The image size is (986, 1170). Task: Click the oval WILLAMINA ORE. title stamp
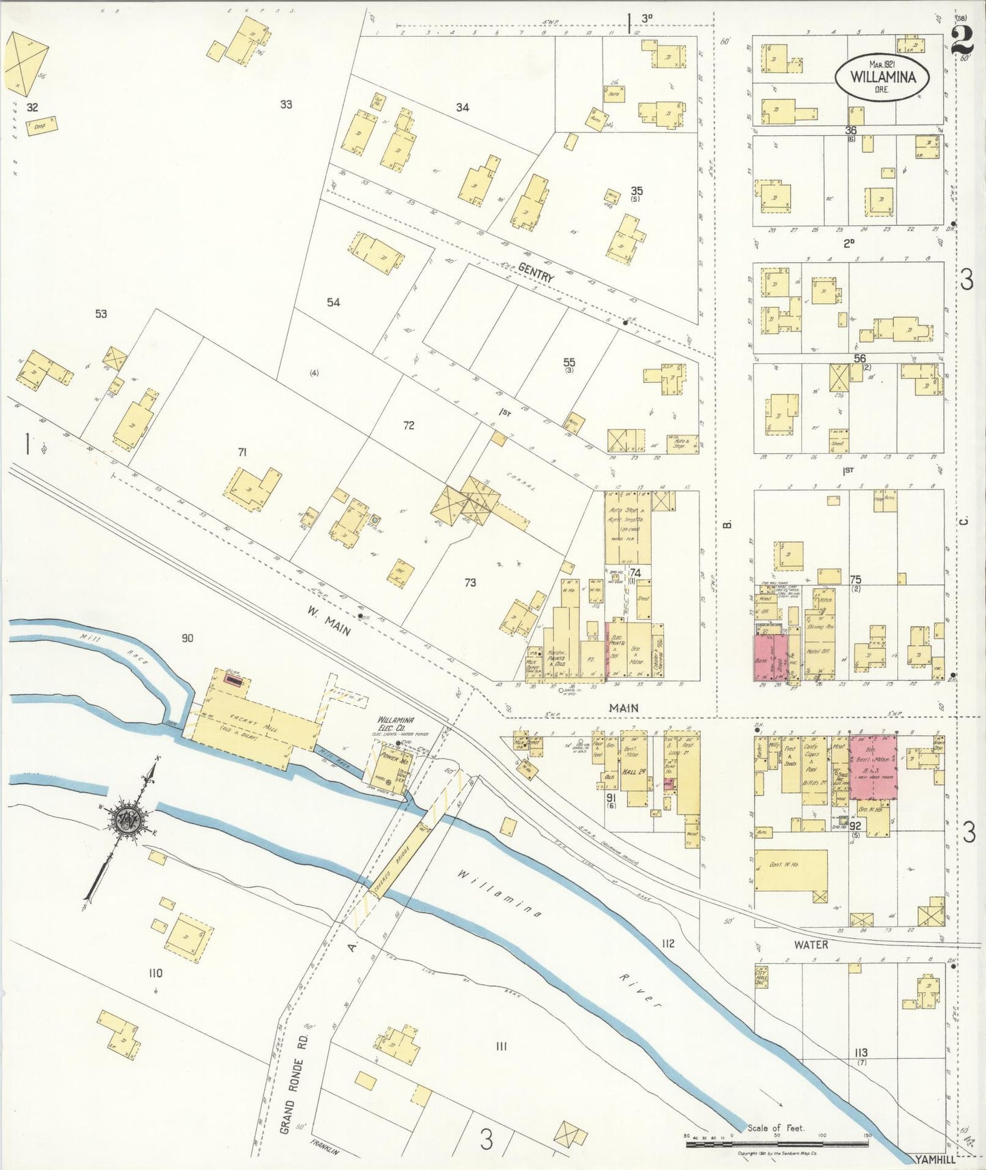(883, 77)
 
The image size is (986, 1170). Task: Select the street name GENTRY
(536, 274)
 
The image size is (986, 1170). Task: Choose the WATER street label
(811, 945)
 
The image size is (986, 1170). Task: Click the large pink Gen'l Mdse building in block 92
(873, 767)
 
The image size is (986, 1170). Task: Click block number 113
(860, 1053)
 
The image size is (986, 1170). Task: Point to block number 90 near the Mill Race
(187, 638)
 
